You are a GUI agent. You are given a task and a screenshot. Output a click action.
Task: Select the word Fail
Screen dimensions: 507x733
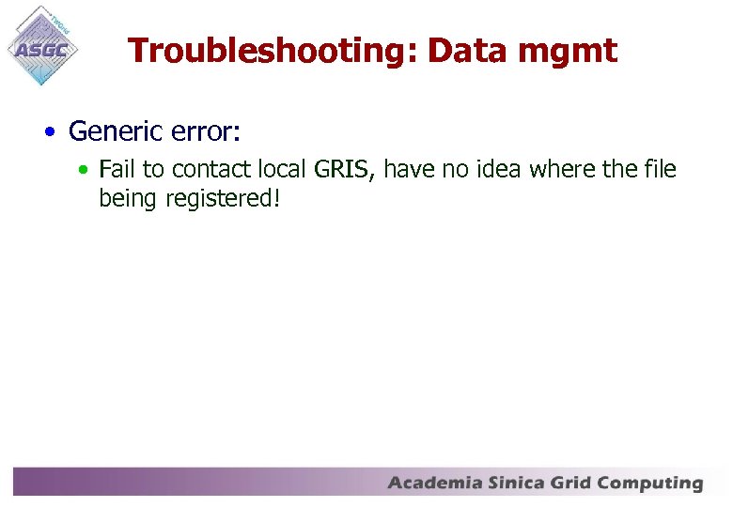[x=117, y=170]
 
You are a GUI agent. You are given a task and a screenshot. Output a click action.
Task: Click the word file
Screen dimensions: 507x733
[x=659, y=170]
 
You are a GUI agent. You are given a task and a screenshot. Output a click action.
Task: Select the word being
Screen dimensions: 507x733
[x=128, y=198]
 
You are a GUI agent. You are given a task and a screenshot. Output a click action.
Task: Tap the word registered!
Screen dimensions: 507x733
[x=224, y=198]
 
